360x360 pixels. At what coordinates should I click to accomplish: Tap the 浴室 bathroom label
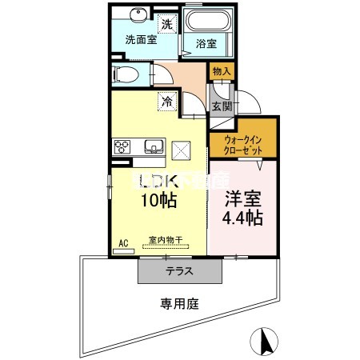pos(206,44)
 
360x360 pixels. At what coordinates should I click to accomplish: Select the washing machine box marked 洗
pos(167,24)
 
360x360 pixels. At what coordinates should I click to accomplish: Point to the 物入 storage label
pos(221,72)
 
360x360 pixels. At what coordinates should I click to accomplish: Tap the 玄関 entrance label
pos(221,106)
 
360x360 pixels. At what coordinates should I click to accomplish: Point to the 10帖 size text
pos(160,202)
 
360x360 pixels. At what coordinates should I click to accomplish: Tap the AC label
pos(124,242)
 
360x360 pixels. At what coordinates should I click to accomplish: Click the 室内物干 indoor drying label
pos(164,239)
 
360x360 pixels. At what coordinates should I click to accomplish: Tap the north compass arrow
pos(264,342)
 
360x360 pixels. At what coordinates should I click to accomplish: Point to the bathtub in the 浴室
pos(206,20)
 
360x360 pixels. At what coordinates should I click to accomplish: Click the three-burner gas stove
pos(123,146)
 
